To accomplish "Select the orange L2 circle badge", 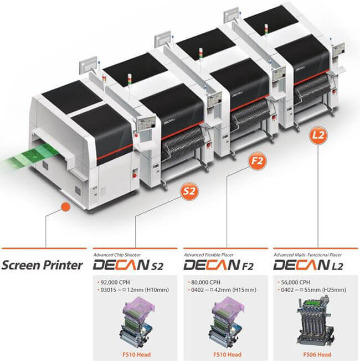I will pyautogui.click(x=318, y=134).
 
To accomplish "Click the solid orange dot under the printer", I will pyautogui.click(x=65, y=206).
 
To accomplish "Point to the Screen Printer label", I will pyautogui.click(x=44, y=264).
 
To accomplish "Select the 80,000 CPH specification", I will pyautogui.click(x=205, y=280).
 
